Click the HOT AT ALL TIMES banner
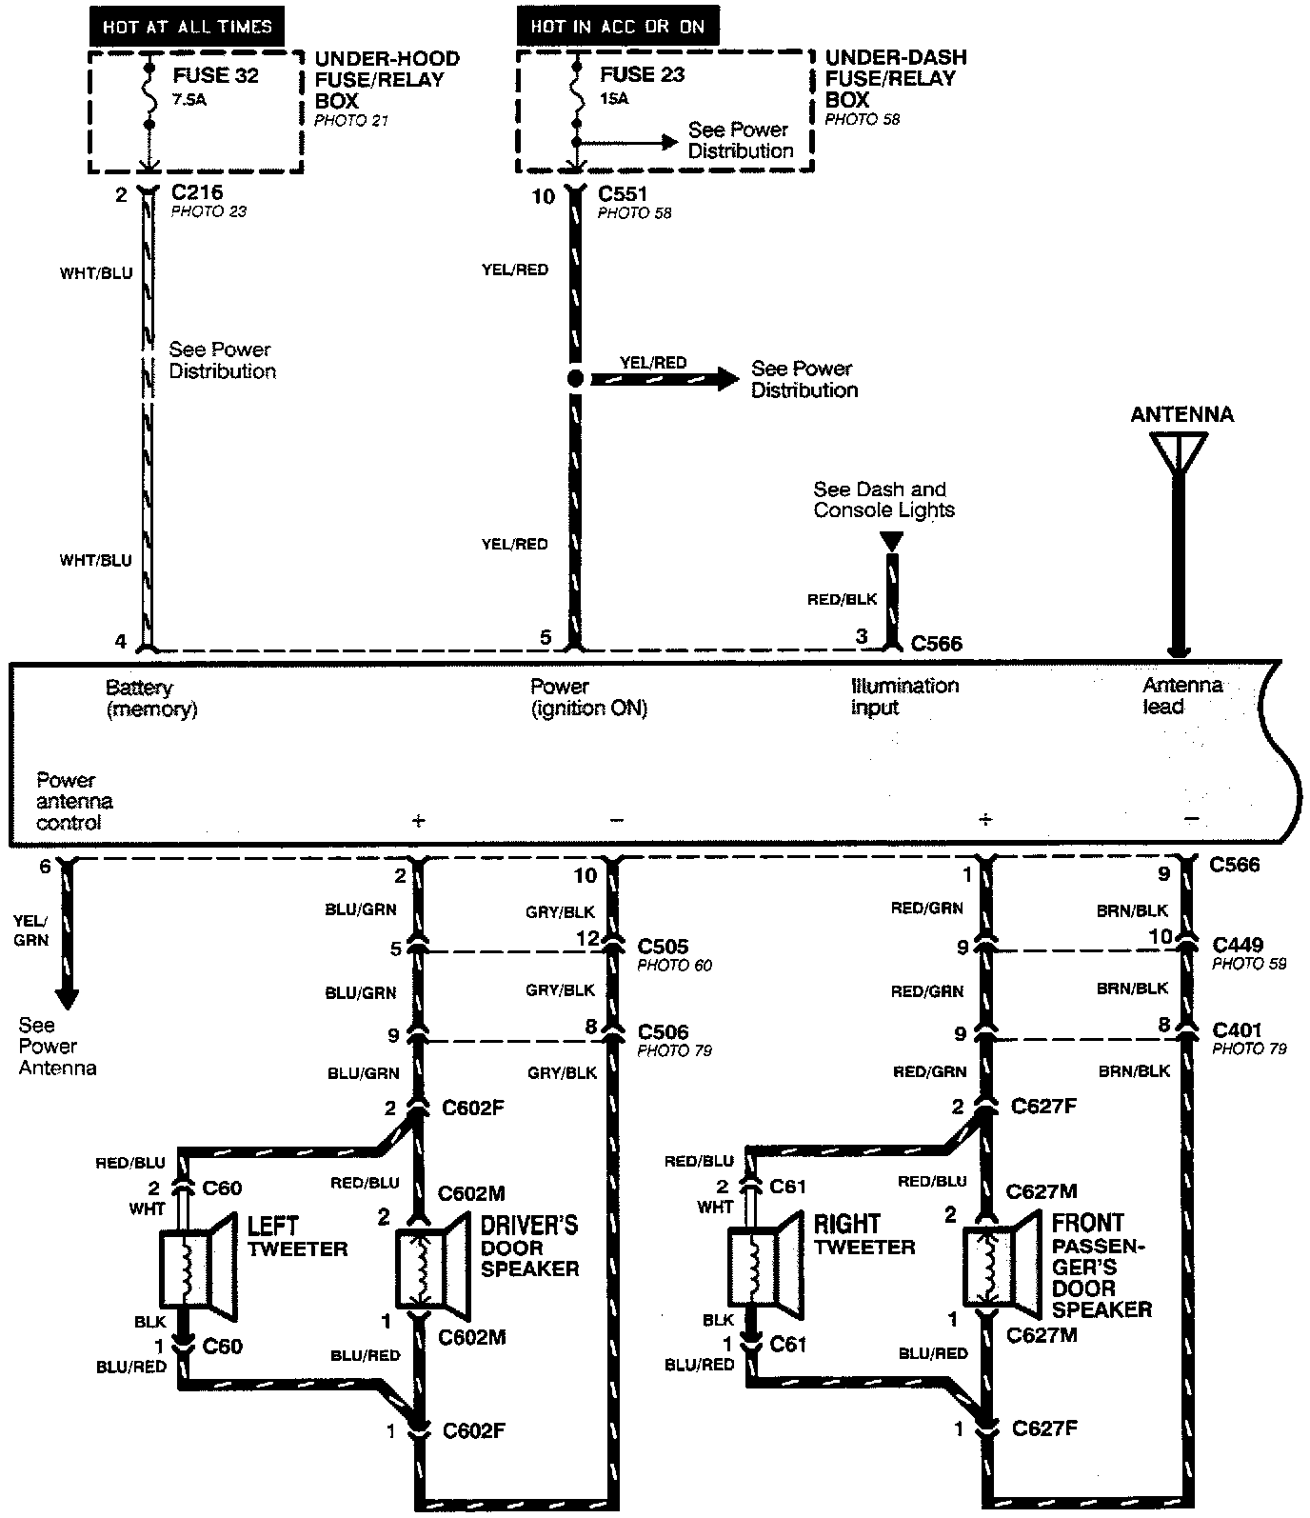(187, 27)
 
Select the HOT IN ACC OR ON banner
(617, 26)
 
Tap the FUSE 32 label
(215, 76)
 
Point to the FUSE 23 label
(642, 74)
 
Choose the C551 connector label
(623, 194)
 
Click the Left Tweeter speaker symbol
(198, 1268)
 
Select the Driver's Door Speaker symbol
(431, 1268)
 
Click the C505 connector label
(663, 947)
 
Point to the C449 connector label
(1238, 946)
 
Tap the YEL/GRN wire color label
(31, 930)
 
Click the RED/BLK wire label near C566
(842, 600)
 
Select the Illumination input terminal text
(903, 696)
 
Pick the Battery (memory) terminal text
(151, 698)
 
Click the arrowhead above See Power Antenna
(67, 999)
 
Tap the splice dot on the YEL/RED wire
(575, 379)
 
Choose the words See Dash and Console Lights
(883, 500)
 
